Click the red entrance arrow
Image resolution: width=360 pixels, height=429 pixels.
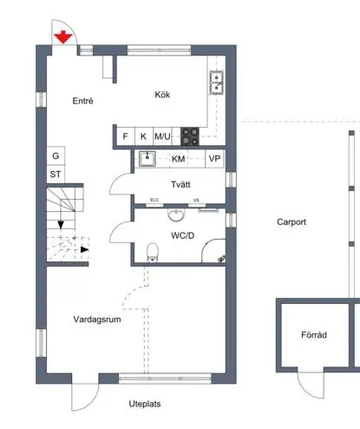(63, 37)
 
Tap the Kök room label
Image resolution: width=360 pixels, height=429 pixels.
(162, 95)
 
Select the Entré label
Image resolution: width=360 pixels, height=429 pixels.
(82, 101)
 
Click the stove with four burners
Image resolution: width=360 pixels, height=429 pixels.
(190, 136)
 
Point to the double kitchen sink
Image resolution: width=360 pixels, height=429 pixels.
(217, 82)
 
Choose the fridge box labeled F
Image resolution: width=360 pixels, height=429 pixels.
(126, 136)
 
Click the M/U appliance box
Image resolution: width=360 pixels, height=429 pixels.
(162, 136)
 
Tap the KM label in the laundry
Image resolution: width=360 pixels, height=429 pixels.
(178, 159)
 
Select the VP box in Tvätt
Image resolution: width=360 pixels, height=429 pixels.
(214, 158)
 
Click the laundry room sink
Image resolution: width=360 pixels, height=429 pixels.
(147, 159)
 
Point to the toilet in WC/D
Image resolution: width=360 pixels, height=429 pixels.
(153, 252)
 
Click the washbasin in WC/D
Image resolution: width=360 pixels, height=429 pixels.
(176, 214)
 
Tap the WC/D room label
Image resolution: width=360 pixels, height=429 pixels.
(182, 235)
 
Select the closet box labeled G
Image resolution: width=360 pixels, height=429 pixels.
(56, 155)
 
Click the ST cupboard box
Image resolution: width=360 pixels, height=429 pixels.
(56, 174)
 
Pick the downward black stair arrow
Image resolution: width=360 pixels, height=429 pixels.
(61, 224)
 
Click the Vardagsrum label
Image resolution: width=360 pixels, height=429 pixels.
(97, 320)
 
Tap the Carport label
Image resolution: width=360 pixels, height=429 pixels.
(291, 222)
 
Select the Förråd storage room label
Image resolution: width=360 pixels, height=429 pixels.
(314, 334)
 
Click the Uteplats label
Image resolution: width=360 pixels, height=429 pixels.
(145, 404)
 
